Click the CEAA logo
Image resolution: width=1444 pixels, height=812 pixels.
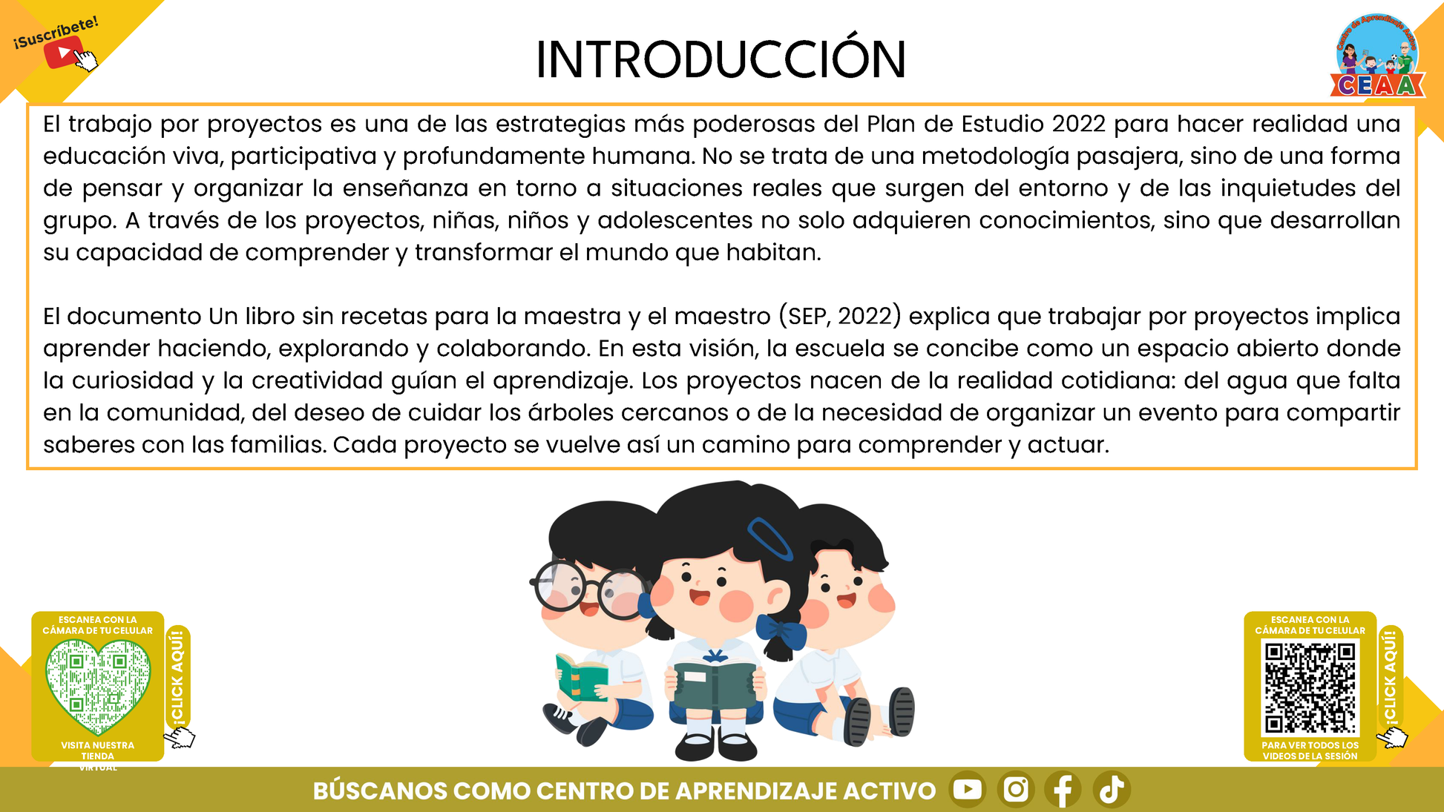[1378, 56]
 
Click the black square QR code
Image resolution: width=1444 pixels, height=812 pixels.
[1310, 687]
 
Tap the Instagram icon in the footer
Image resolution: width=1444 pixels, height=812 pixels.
[1016, 789]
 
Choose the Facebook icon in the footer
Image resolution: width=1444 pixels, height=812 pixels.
[1063, 789]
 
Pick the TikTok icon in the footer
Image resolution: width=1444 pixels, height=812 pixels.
[1112, 789]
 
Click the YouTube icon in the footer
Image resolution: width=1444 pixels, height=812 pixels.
[968, 789]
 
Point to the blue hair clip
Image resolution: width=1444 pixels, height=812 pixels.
[770, 538]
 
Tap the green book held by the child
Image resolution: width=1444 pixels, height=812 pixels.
[581, 677]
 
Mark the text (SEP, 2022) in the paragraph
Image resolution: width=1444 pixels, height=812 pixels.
[840, 316]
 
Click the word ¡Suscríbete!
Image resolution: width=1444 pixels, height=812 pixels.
[56, 33]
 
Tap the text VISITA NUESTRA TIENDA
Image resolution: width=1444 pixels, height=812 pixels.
[98, 750]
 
